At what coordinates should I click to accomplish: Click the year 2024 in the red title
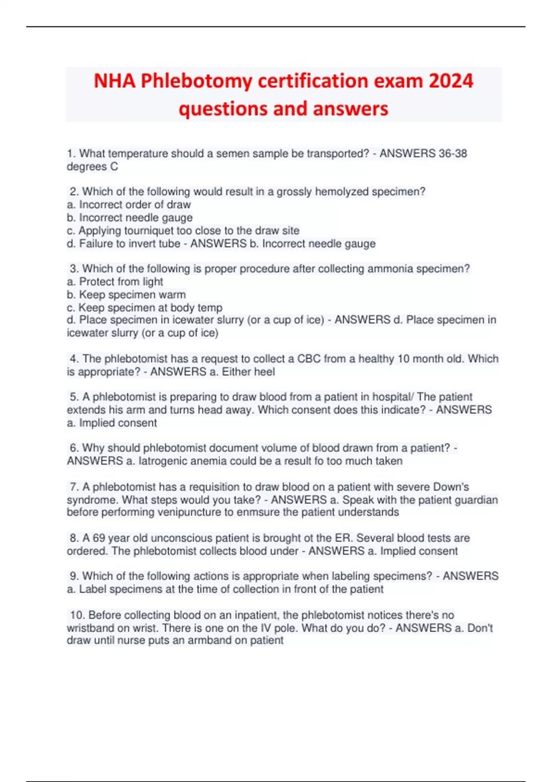click(x=451, y=81)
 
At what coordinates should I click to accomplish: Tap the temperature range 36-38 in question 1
click(x=453, y=154)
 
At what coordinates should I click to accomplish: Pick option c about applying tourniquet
click(x=183, y=230)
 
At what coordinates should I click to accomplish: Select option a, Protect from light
click(x=115, y=282)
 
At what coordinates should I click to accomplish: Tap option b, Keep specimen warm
click(x=126, y=294)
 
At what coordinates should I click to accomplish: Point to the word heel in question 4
click(x=264, y=372)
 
